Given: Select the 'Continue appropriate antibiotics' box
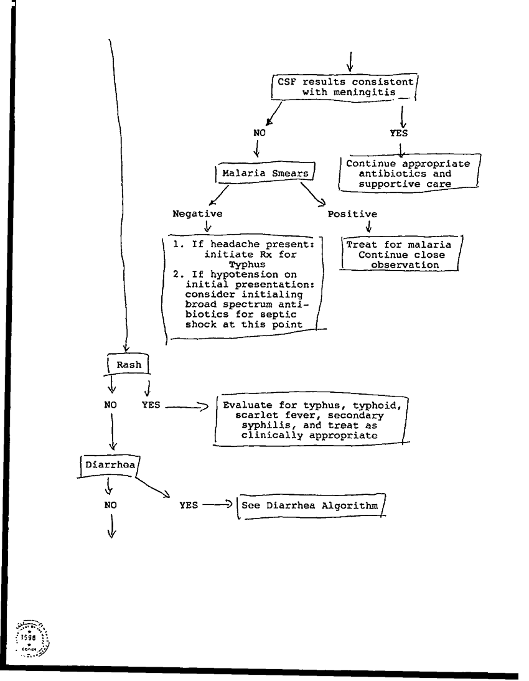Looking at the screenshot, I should (x=408, y=174).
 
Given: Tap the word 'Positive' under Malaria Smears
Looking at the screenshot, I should (x=352, y=214).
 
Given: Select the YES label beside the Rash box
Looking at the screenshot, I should (x=151, y=404).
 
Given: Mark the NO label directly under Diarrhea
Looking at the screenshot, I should (x=111, y=505).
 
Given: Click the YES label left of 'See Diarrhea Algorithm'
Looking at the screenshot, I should (x=189, y=505).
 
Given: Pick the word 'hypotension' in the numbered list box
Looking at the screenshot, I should (x=233, y=274).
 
